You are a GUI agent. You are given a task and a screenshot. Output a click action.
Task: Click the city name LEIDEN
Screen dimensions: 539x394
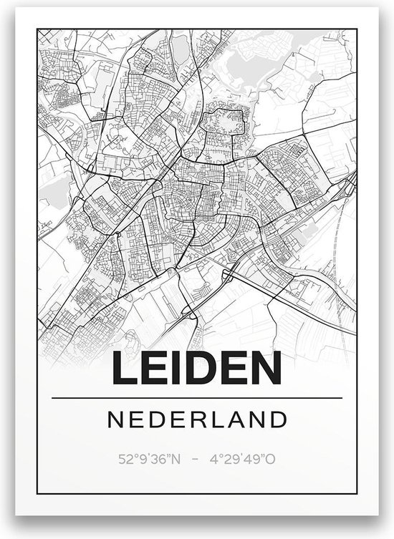point(197,370)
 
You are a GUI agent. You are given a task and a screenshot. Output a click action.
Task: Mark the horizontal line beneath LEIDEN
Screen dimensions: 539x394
point(197,398)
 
